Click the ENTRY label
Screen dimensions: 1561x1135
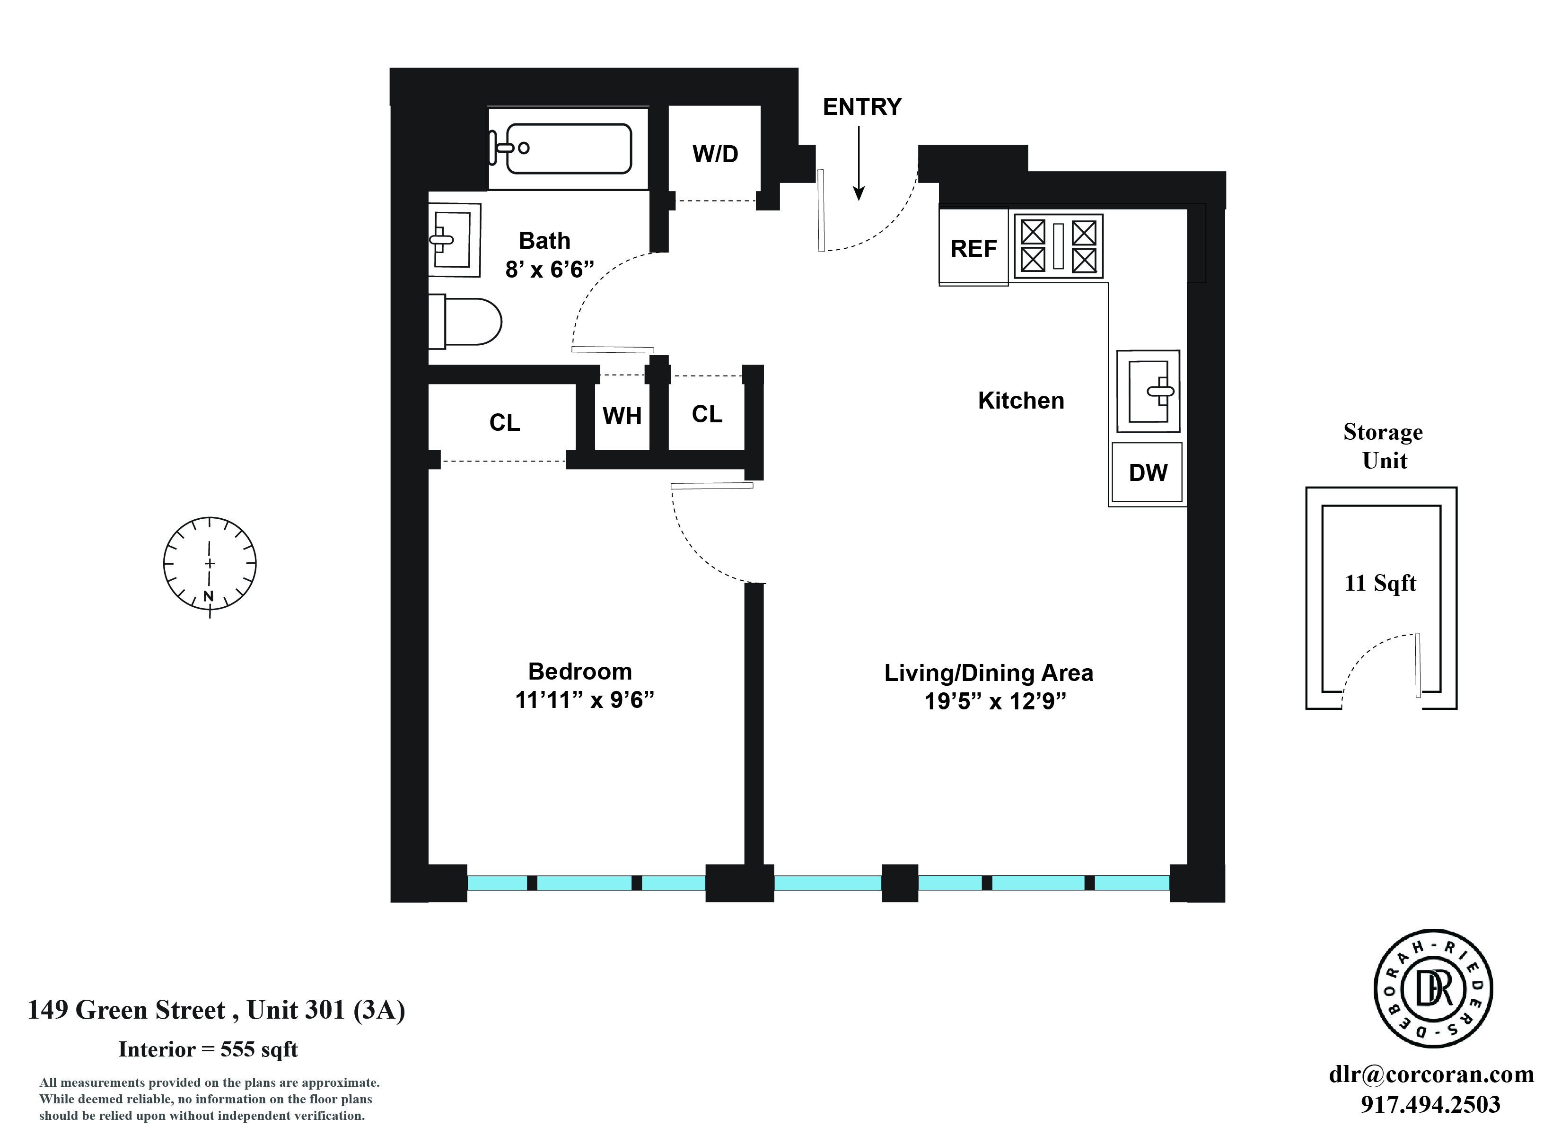point(862,107)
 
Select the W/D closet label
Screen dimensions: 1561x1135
point(715,154)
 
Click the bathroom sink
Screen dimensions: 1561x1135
point(454,239)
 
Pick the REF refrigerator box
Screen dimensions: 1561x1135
point(973,248)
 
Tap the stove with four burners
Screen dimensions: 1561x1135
point(1058,246)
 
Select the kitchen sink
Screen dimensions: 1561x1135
point(1148,391)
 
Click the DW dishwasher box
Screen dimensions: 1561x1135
point(1148,472)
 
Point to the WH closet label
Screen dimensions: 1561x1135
point(622,416)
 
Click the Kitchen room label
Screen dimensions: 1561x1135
point(1021,401)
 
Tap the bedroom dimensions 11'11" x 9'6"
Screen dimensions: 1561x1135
point(584,700)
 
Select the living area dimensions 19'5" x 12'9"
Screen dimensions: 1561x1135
point(995,701)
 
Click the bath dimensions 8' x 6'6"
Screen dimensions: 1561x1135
point(549,269)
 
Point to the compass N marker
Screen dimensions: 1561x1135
point(209,596)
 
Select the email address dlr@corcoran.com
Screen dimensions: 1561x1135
point(1431,1074)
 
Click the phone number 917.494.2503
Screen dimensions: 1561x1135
point(1430,1105)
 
